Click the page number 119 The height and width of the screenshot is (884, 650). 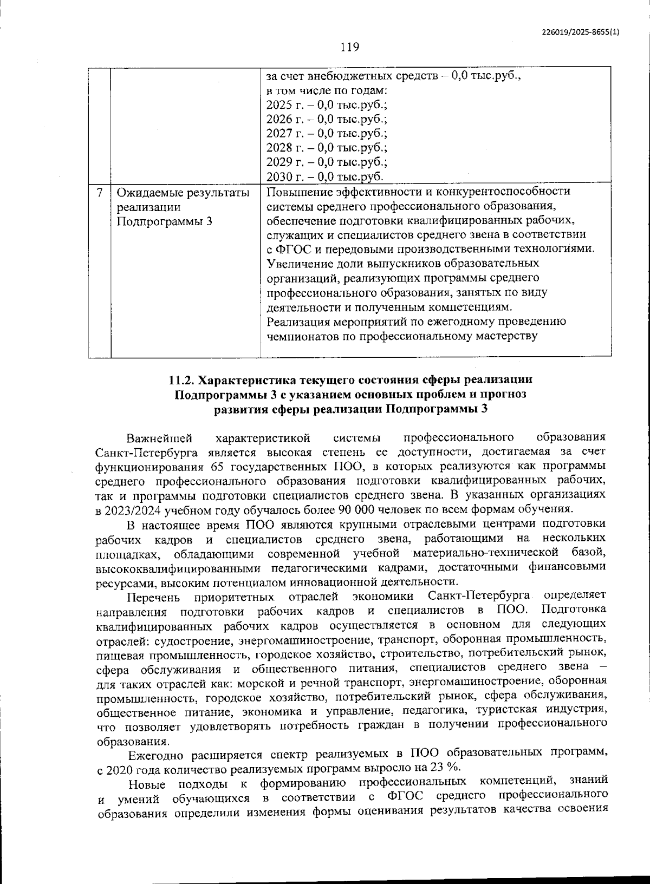[350, 47]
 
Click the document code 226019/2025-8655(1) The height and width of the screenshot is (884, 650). [580, 32]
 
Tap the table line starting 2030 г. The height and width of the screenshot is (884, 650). [325, 176]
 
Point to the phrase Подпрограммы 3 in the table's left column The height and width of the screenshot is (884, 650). [164, 221]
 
